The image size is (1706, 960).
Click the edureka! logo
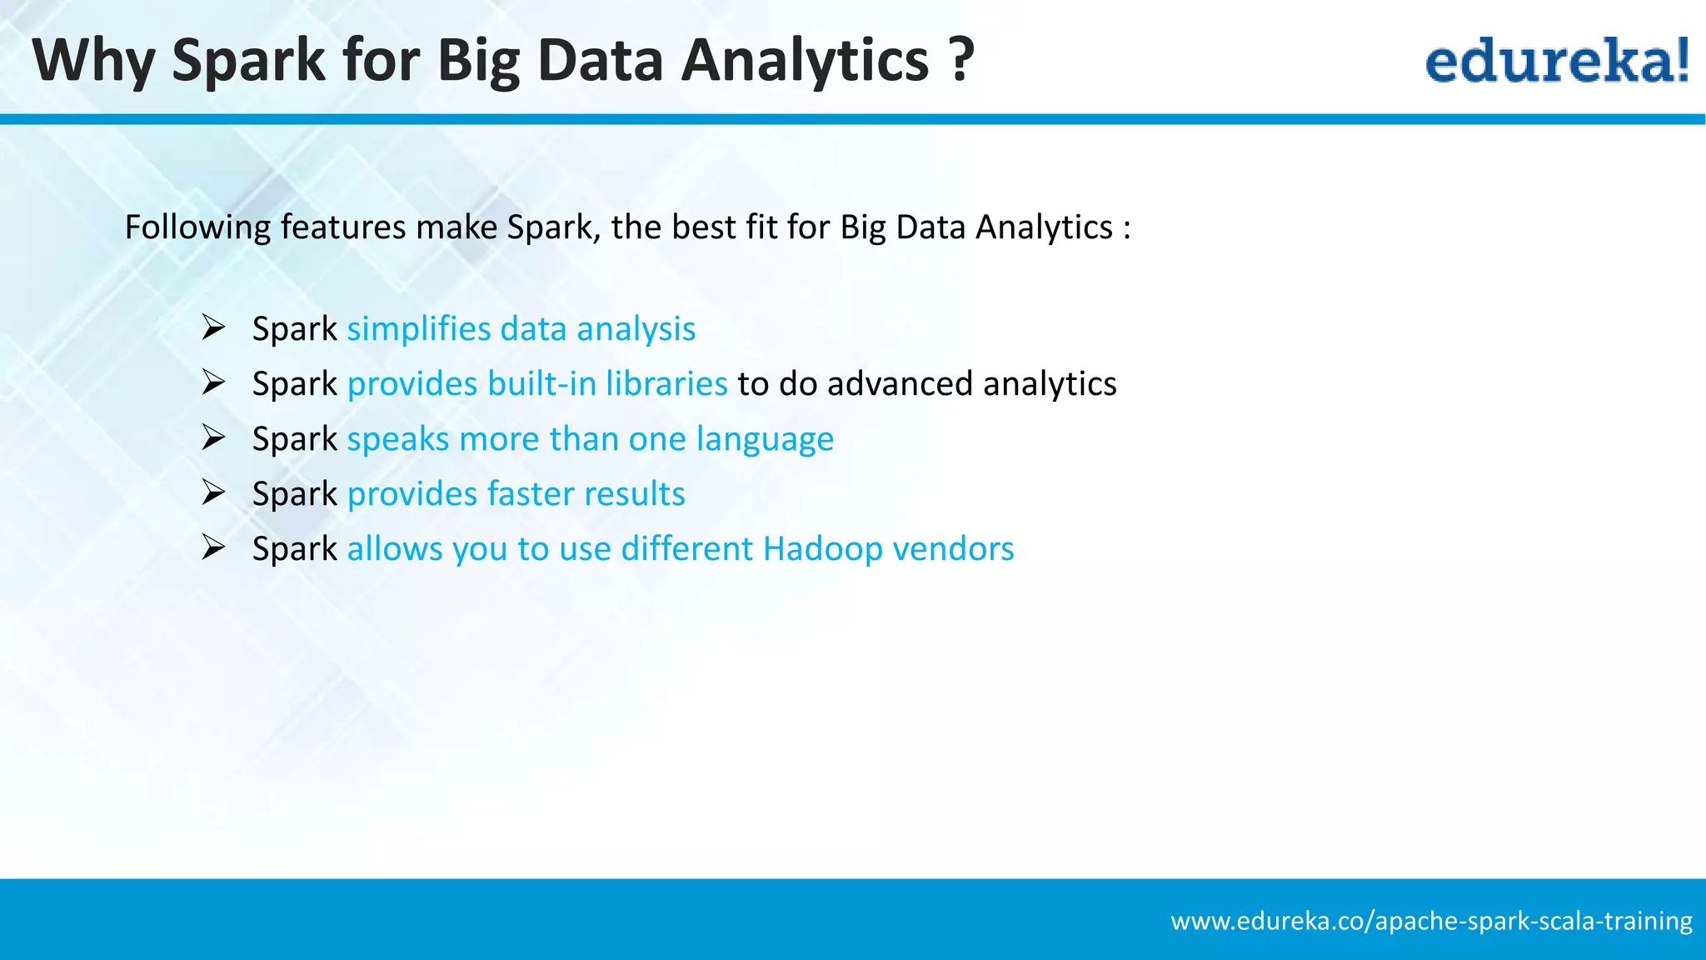pos(1556,62)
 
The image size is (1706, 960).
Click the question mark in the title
pos(960,60)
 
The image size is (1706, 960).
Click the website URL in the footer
pos(1431,921)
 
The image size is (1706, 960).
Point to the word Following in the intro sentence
pos(197,227)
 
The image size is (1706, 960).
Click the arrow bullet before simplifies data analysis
pos(214,327)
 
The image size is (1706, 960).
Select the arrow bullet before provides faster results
pos(214,492)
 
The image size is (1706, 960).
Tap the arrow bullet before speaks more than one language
pos(214,437)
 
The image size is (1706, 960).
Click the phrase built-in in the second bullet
pos(541,383)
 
